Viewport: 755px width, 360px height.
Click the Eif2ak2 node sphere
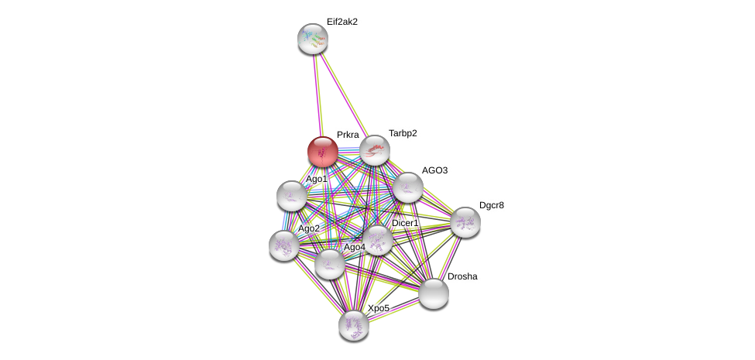pyautogui.click(x=313, y=38)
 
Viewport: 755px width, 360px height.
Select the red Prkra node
pyautogui.click(x=322, y=150)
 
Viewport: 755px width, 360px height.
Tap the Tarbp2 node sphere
pyautogui.click(x=374, y=149)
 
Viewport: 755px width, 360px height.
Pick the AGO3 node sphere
pyautogui.click(x=407, y=187)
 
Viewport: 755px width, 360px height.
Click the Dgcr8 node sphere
pyautogui.click(x=465, y=221)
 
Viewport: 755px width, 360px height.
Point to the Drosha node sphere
pyautogui.click(x=434, y=293)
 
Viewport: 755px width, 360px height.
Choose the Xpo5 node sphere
pyautogui.click(x=354, y=324)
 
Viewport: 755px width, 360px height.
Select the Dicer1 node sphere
pyautogui.click(x=378, y=239)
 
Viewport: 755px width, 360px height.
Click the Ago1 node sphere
pyautogui.click(x=292, y=195)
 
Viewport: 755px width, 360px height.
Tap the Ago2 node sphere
pyautogui.click(x=283, y=245)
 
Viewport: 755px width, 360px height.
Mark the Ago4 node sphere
pyautogui.click(x=329, y=263)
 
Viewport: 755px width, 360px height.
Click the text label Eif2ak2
pyautogui.click(x=341, y=22)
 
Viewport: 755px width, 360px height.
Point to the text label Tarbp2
pyautogui.click(x=403, y=133)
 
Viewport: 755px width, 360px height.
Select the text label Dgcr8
pyautogui.click(x=492, y=205)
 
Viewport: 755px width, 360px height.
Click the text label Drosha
pyautogui.click(x=462, y=276)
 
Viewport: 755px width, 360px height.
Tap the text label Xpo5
pyautogui.click(x=379, y=308)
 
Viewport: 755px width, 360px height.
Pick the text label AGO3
pyautogui.click(x=434, y=170)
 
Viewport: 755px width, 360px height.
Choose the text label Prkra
pyautogui.click(x=348, y=135)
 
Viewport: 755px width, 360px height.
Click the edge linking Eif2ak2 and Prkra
pyautogui.click(x=317, y=93)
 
